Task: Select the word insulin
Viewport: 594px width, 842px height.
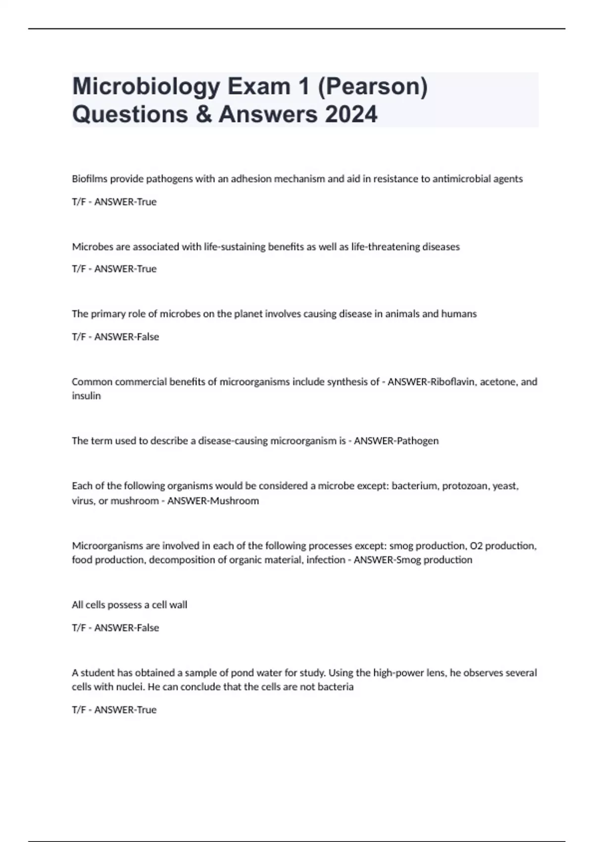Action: (x=86, y=396)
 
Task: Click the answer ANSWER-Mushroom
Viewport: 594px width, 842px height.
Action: (x=213, y=501)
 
